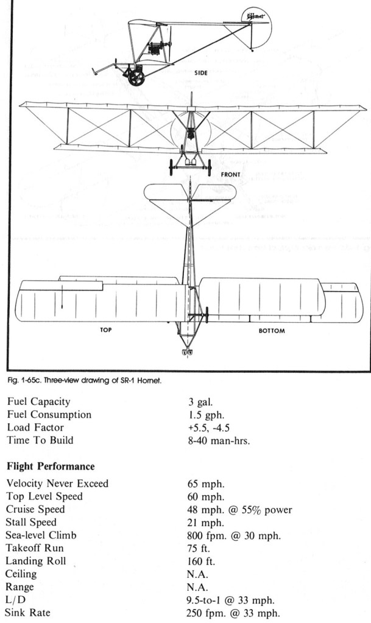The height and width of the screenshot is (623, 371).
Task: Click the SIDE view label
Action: coord(201,72)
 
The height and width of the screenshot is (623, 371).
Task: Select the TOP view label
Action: coord(107,331)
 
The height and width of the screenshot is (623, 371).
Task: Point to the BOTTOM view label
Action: coord(271,331)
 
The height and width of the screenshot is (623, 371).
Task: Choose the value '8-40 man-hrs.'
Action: coord(219,440)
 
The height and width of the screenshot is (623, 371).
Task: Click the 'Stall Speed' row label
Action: coord(32,523)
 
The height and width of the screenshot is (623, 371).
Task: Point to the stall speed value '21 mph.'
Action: coord(204,523)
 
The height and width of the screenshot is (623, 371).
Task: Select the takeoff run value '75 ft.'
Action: coord(200,548)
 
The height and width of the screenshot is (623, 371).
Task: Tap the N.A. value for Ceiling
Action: coord(198,574)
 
